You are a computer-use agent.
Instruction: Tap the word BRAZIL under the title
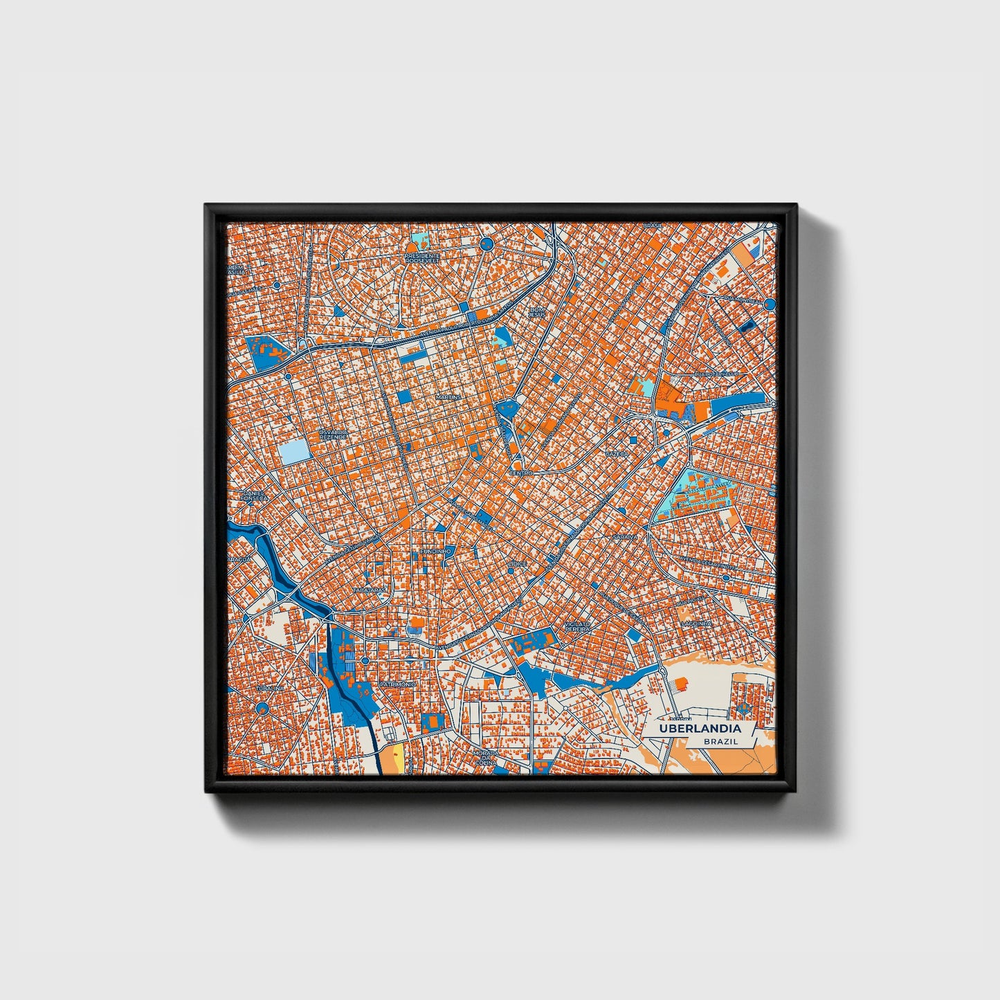pyautogui.click(x=720, y=741)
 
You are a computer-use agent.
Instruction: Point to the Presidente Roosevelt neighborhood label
pyautogui.click(x=424, y=258)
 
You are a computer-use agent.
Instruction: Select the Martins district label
pyautogui.click(x=448, y=398)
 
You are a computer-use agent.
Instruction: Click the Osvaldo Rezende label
pyautogui.click(x=331, y=435)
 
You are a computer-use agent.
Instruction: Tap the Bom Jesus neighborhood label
pyautogui.click(x=537, y=312)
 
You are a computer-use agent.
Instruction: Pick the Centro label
pyautogui.click(x=520, y=473)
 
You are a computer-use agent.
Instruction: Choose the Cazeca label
pyautogui.click(x=615, y=453)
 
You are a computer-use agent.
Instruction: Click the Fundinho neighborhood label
pyautogui.click(x=435, y=551)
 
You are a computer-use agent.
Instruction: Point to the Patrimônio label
pyautogui.click(x=397, y=684)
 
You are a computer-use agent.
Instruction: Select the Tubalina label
pyautogui.click(x=270, y=689)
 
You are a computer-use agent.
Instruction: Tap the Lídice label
pyautogui.click(x=517, y=564)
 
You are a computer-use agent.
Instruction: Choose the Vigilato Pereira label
pyautogui.click(x=577, y=626)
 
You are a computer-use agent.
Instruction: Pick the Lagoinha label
pyautogui.click(x=696, y=623)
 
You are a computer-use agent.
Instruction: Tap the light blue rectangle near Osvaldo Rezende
pyautogui.click(x=295, y=453)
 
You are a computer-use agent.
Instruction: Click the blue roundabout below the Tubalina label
pyautogui.click(x=262, y=707)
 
